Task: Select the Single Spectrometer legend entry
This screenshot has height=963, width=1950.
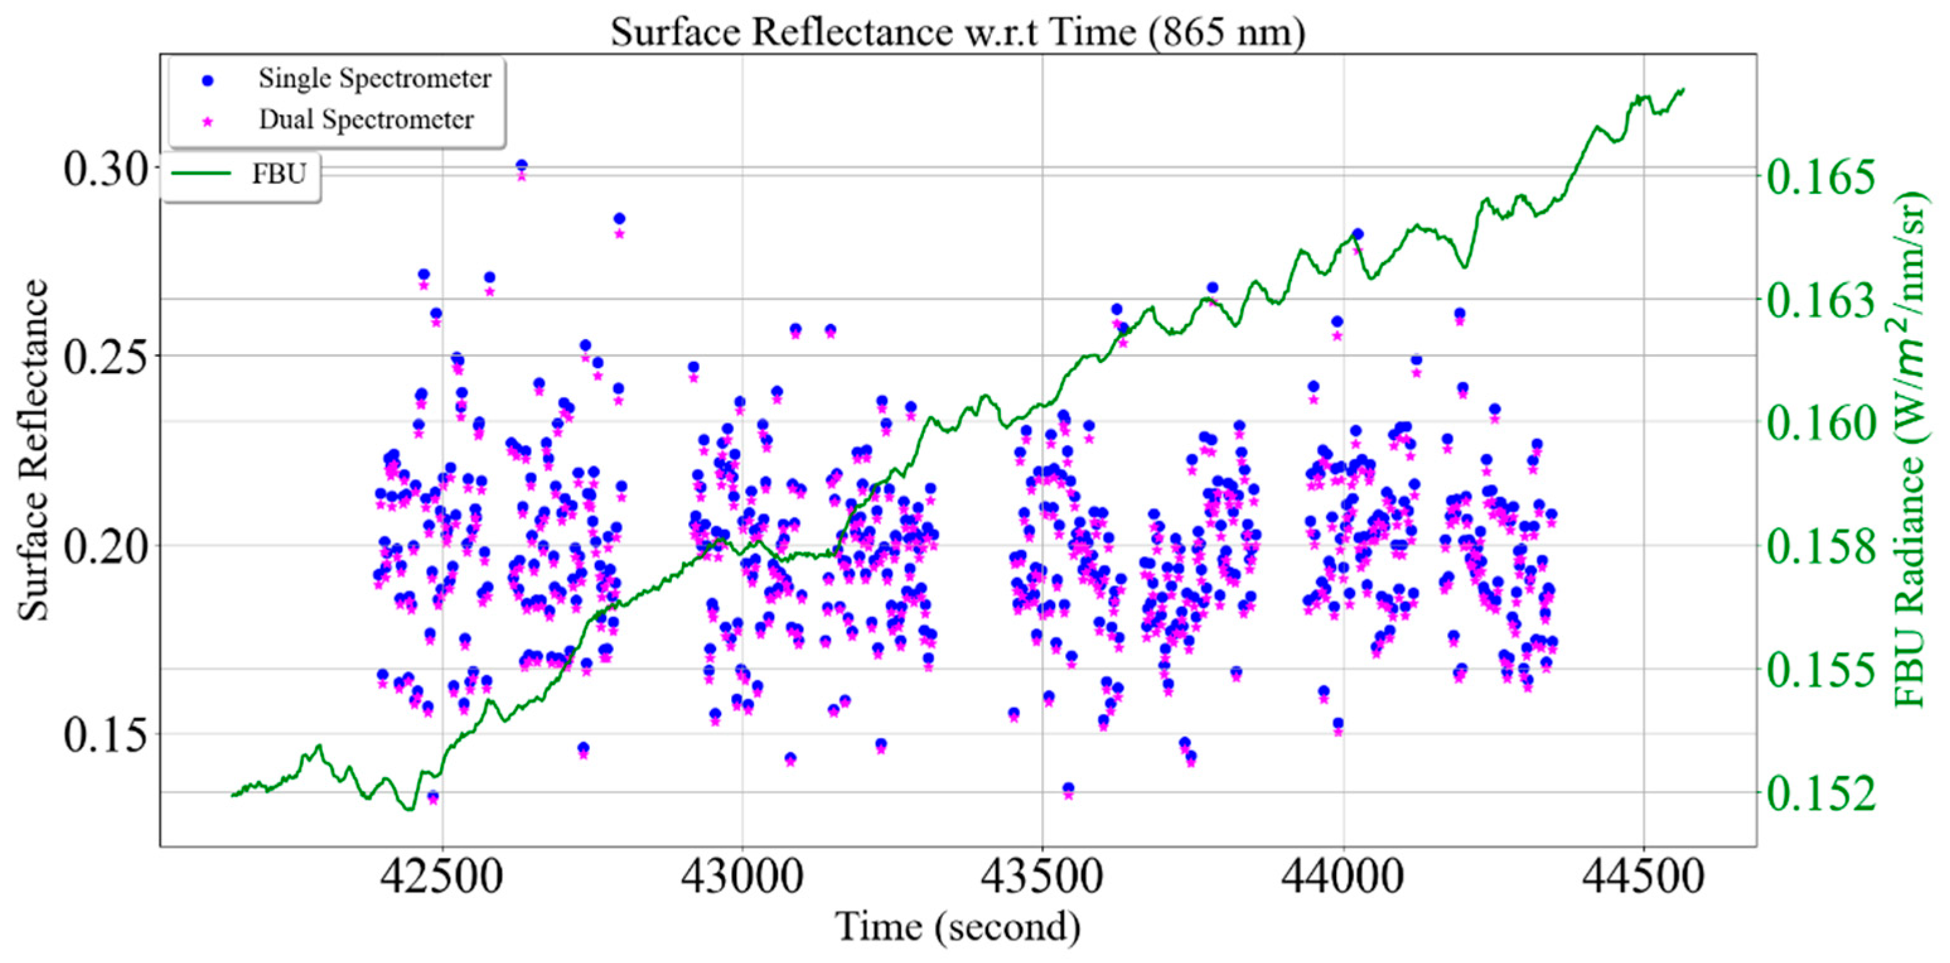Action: (374, 78)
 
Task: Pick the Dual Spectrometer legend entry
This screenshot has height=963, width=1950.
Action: (366, 119)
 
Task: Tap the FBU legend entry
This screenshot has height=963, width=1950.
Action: (279, 174)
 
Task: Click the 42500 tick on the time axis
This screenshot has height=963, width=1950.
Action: (442, 876)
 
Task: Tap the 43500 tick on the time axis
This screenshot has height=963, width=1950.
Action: (1042, 876)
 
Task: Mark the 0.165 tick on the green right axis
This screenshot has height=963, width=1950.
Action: (1821, 176)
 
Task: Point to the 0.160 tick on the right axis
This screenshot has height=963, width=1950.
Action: (1821, 422)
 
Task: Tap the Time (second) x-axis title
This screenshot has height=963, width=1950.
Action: (957, 926)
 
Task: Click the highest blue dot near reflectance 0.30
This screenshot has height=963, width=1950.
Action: (522, 165)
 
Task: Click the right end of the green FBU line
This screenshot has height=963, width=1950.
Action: (1683, 89)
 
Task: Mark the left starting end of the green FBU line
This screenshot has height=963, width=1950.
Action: (233, 795)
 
